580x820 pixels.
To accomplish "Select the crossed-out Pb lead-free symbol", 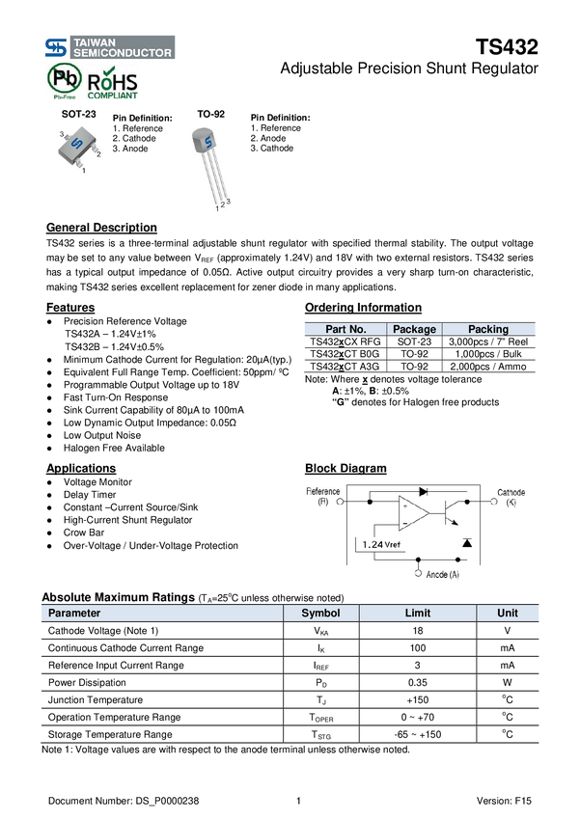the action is coord(65,83).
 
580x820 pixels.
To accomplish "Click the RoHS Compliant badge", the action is coord(113,84).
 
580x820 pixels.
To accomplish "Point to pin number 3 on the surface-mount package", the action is coord(61,133).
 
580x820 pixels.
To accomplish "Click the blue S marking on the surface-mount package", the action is coord(77,145).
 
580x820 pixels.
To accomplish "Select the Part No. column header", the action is coord(345,329).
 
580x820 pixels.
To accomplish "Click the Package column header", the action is coord(414,329).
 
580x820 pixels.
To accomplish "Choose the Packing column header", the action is coord(488,329).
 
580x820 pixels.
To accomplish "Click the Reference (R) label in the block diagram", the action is coord(323,497).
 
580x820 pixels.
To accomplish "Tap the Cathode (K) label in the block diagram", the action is coord(511,497).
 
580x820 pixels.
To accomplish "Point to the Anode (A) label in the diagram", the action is coord(443,574).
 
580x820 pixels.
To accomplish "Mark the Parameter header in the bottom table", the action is coord(74,613).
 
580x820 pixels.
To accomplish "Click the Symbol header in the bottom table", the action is coord(321,613).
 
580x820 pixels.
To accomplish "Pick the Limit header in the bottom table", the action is coord(417,613).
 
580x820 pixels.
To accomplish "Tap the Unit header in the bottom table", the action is coord(508,613).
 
